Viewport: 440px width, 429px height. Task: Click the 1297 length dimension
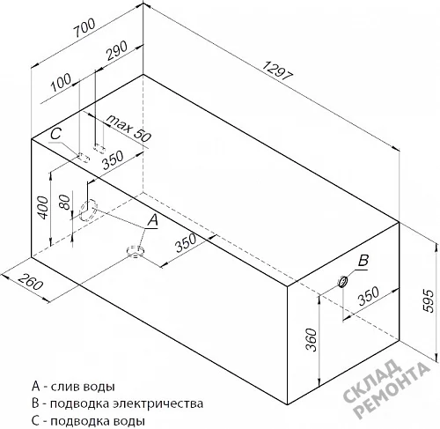(276, 70)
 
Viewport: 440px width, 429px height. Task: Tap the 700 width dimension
(84, 27)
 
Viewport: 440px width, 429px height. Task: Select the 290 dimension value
(117, 50)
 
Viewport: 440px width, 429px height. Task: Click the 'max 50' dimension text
(128, 128)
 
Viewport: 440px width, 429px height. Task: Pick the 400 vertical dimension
(43, 208)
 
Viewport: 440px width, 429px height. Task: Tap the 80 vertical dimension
(65, 202)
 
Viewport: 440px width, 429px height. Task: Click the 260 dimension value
(30, 280)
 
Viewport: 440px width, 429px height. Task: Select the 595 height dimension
(429, 301)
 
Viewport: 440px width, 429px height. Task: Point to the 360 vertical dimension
(312, 340)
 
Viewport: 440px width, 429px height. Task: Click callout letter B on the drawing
(363, 260)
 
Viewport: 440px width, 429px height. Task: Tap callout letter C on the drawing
(55, 134)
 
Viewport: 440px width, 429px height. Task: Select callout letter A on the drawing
(152, 220)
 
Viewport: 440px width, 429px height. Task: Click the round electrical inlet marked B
(342, 282)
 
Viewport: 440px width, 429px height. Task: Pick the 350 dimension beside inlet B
(369, 296)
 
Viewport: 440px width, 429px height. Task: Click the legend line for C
(88, 421)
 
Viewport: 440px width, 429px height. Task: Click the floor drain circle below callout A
(136, 251)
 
